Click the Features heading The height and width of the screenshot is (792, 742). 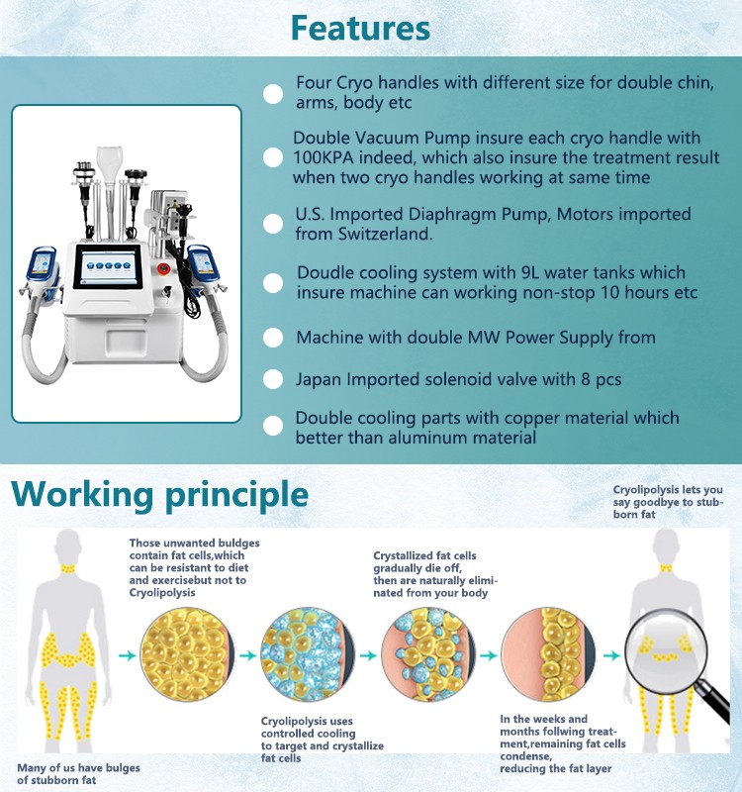pyautogui.click(x=360, y=29)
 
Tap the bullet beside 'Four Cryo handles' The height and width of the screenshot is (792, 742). pyautogui.click(x=273, y=94)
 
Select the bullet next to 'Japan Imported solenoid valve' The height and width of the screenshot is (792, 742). pyautogui.click(x=273, y=379)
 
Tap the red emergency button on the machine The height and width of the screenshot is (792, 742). pyautogui.click(x=163, y=268)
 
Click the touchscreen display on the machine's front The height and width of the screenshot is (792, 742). pyautogui.click(x=109, y=266)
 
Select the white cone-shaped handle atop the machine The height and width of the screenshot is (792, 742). pyautogui.click(x=110, y=164)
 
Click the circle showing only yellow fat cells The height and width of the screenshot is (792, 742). pyautogui.click(x=186, y=654)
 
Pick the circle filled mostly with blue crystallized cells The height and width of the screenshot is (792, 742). pyautogui.click(x=307, y=654)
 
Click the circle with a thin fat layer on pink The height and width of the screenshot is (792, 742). pyautogui.click(x=548, y=654)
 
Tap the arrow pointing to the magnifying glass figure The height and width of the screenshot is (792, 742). pyautogui.click(x=611, y=655)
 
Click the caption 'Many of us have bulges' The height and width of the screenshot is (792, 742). pyautogui.click(x=79, y=768)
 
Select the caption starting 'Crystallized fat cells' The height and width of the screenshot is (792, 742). pyautogui.click(x=435, y=574)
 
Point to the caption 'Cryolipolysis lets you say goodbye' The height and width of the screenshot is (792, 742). pyautogui.click(x=668, y=502)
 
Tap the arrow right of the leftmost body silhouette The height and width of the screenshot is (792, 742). pyautogui.click(x=128, y=655)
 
